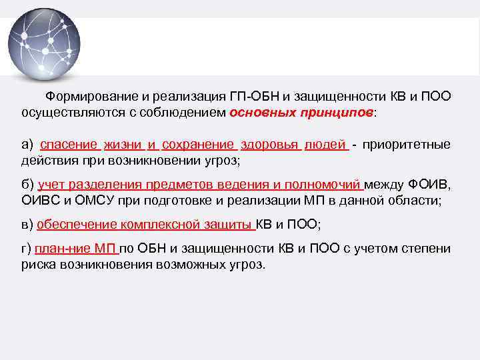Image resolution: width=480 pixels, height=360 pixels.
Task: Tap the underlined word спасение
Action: click(70, 145)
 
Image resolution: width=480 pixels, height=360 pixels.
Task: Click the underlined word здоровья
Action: click(270, 145)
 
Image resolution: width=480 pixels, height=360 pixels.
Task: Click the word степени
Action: click(427, 249)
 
